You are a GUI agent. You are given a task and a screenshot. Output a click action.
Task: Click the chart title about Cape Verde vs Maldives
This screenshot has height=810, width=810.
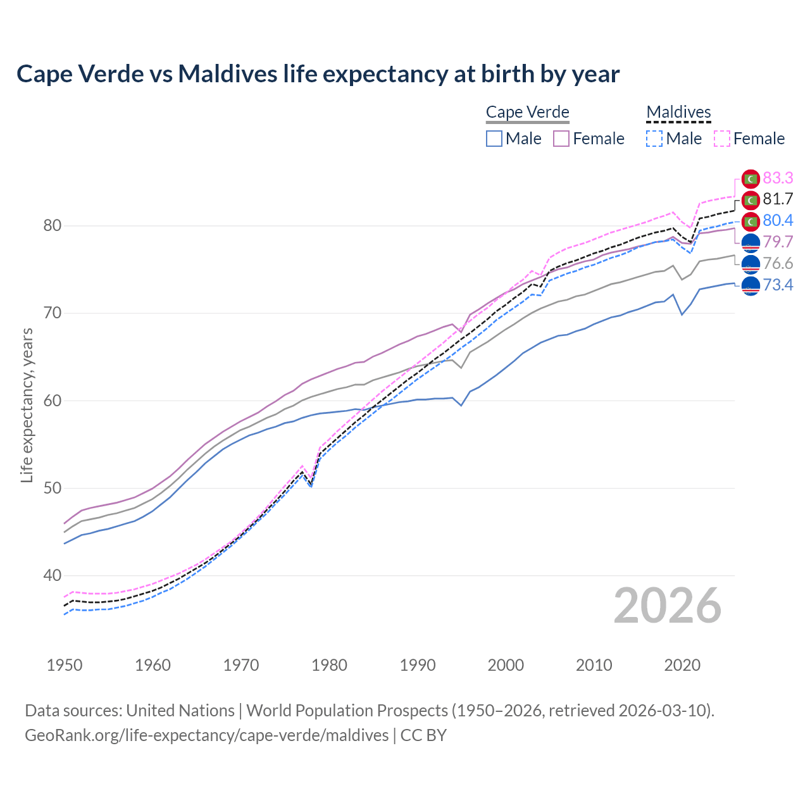coord(318,74)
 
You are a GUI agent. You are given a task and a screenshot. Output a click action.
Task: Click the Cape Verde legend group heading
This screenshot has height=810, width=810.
coord(527,112)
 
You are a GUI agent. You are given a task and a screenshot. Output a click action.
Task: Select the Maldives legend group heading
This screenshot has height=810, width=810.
coord(678,112)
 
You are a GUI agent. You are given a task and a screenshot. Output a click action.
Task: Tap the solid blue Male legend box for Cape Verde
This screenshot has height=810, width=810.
coord(494,139)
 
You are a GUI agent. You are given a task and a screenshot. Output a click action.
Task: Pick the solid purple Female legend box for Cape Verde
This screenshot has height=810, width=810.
coord(562,139)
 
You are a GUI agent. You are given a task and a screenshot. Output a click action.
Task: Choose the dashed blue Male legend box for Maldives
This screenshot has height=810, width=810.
coord(654,139)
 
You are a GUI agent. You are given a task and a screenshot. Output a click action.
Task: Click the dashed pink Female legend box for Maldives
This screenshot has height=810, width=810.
coord(722,139)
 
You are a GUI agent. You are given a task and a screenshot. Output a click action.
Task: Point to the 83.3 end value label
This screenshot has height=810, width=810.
coord(778,178)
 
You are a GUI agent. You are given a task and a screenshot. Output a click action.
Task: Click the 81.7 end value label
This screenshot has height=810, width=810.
coord(778,199)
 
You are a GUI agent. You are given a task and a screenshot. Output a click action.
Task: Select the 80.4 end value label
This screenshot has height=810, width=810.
coord(778,221)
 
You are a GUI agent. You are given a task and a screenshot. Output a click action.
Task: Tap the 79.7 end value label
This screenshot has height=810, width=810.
coord(778,242)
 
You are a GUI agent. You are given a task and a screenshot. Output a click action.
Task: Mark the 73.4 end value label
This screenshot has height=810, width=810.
coord(778,285)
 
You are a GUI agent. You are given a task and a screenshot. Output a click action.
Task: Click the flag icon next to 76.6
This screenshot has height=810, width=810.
coord(751,264)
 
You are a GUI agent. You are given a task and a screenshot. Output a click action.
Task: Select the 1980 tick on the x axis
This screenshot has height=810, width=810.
coord(329,665)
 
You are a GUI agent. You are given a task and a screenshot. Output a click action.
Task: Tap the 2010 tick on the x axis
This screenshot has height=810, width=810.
coord(594,665)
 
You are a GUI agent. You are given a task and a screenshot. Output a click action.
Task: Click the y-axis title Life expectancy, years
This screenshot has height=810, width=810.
coord(27,405)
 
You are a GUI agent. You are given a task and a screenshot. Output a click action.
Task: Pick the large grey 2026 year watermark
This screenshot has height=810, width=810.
coord(667,606)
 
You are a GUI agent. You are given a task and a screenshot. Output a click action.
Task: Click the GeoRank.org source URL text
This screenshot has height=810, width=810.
coord(207,735)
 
